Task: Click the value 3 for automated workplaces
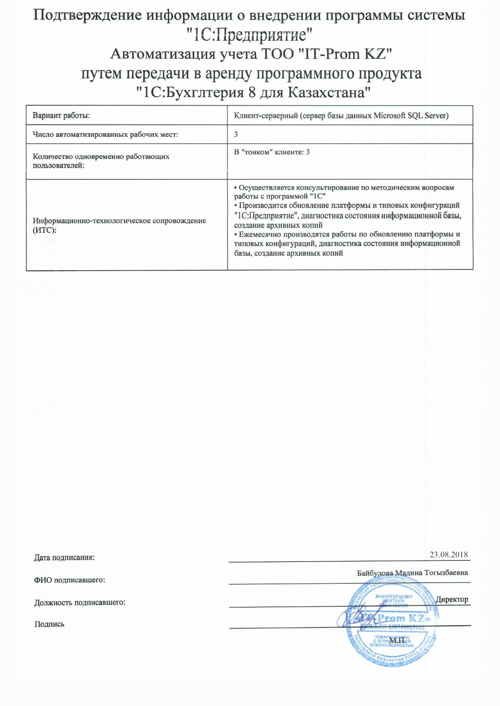pyautogui.click(x=236, y=134)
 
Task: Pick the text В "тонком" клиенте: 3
pyautogui.click(x=272, y=152)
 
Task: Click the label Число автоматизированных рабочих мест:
pyautogui.click(x=105, y=134)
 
